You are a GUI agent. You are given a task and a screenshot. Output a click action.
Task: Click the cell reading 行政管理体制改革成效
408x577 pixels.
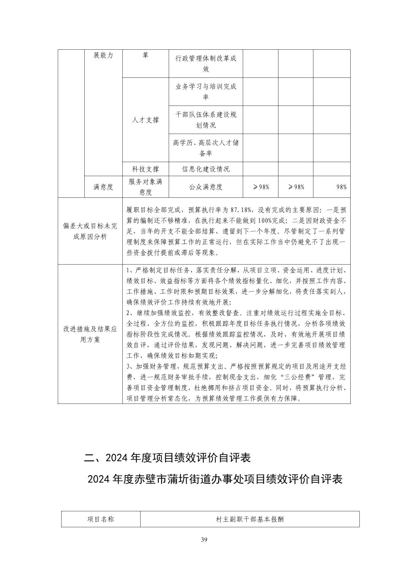206,64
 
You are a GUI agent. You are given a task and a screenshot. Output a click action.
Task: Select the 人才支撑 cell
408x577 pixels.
145,120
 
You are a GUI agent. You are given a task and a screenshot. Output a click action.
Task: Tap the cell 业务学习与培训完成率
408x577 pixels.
206,92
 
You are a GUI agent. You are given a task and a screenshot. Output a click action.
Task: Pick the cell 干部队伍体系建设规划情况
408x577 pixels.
206,120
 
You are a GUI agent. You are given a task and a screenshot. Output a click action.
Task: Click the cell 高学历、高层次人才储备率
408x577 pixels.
206,148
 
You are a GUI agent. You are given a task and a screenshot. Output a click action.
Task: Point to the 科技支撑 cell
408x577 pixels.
145,169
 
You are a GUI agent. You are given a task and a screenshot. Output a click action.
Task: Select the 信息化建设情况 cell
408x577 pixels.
206,169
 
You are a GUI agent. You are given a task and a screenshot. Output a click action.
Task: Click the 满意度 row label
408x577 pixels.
103,187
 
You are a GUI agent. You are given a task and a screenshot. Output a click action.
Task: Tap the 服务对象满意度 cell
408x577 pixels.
145,187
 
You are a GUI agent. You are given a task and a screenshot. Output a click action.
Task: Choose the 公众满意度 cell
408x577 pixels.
206,187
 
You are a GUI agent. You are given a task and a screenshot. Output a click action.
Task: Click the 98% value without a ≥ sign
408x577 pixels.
341,187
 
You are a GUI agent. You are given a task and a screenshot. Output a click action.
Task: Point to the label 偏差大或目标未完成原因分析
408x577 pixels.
90,231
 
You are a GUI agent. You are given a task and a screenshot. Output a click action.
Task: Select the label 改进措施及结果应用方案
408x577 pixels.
90,334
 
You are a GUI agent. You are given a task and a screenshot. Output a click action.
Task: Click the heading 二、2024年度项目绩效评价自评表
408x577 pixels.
167,458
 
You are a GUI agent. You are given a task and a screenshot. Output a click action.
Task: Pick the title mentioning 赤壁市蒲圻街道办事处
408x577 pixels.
215,479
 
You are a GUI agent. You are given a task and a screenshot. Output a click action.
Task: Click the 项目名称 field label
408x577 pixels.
101,519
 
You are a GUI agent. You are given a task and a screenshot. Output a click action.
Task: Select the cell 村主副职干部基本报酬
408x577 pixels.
250,519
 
